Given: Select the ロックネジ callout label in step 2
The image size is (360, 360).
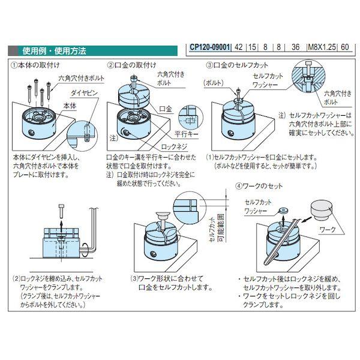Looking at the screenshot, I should [175, 146].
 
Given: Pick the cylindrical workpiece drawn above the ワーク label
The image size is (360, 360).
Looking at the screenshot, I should [324, 212].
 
